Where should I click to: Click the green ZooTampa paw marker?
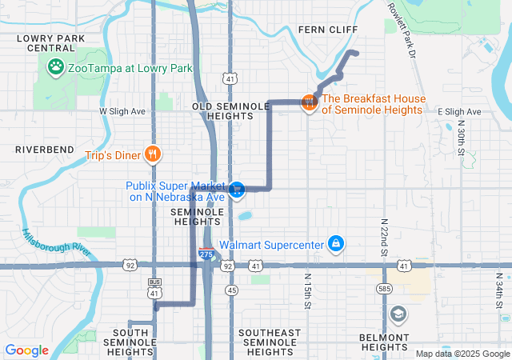[x=56, y=67]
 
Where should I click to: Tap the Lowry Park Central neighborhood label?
[x=50, y=42]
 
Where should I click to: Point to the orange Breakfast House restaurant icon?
[x=308, y=102]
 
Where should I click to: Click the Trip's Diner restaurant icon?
[x=153, y=153]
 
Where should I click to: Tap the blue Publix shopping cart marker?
[x=236, y=190]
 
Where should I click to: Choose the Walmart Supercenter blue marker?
[x=337, y=243]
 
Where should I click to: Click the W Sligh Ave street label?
[x=122, y=111]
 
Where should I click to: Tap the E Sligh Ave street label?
[x=459, y=112]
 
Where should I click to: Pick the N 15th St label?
[x=307, y=291]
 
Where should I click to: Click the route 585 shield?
[x=386, y=288]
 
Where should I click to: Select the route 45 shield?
[x=231, y=290]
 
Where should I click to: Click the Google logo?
[x=27, y=350]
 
